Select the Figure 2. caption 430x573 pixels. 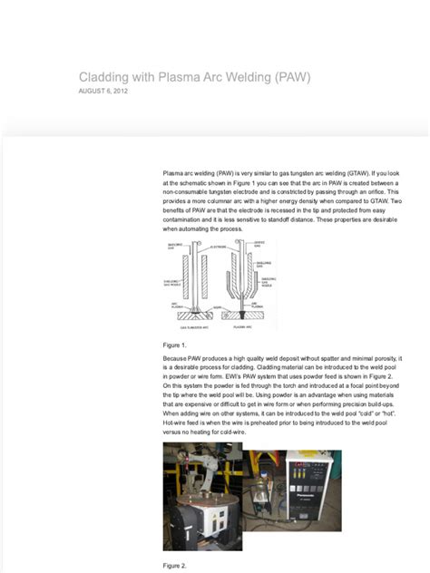[x=175, y=565]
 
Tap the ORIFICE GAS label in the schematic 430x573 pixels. [x=259, y=243]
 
